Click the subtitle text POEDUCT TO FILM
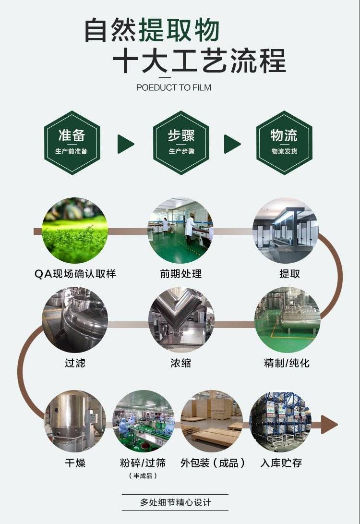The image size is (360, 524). click(173, 88)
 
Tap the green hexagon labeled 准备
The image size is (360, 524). click(72, 143)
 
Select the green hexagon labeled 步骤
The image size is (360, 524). click(181, 143)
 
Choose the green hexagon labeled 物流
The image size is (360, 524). click(284, 143)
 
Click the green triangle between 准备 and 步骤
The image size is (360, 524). click(125, 144)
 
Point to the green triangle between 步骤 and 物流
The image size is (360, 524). click(231, 144)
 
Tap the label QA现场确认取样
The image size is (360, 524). click(75, 274)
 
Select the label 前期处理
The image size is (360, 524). click(181, 274)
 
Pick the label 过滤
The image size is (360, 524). click(75, 363)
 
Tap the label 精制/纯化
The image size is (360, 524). click(287, 363)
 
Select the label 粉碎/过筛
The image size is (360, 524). click(143, 463)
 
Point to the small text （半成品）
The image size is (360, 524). click(143, 475)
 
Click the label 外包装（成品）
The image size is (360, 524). click(213, 463)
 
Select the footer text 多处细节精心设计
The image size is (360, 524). click(175, 502)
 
